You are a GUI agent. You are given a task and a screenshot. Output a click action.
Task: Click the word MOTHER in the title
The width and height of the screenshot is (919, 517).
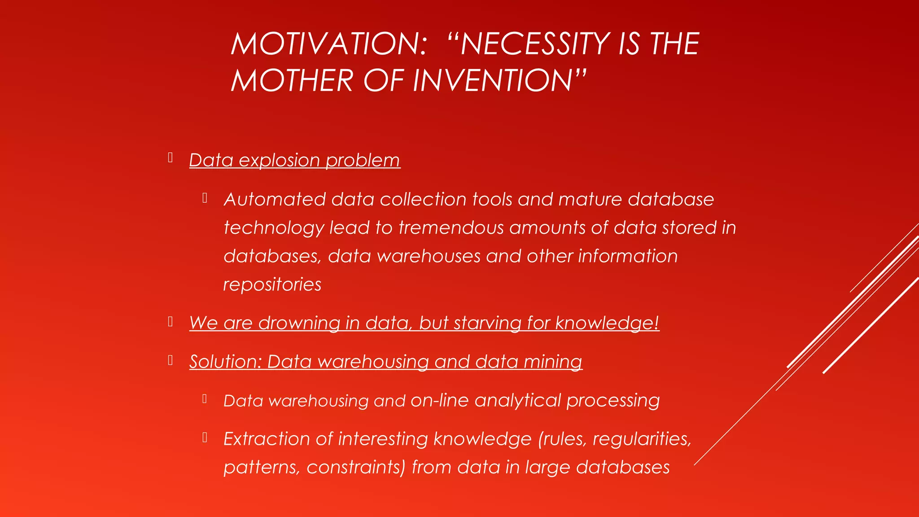tap(292, 81)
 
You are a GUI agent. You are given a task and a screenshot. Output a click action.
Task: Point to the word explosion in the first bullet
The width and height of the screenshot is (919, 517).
tap(279, 161)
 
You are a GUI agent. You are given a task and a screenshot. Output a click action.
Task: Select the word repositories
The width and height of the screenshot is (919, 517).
tap(272, 285)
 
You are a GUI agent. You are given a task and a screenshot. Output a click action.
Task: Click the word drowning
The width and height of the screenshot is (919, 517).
tap(299, 323)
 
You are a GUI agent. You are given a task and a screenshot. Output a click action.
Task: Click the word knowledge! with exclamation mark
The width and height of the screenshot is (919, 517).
tap(607, 323)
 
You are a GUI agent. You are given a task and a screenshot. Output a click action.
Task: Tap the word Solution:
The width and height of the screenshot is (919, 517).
tap(225, 362)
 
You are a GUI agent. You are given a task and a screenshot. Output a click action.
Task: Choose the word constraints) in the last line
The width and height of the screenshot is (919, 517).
tap(356, 468)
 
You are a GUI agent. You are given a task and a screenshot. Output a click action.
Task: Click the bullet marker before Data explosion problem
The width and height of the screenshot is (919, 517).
tap(171, 158)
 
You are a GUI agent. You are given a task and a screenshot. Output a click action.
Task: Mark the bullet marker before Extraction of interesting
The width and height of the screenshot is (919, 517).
tap(205, 437)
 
